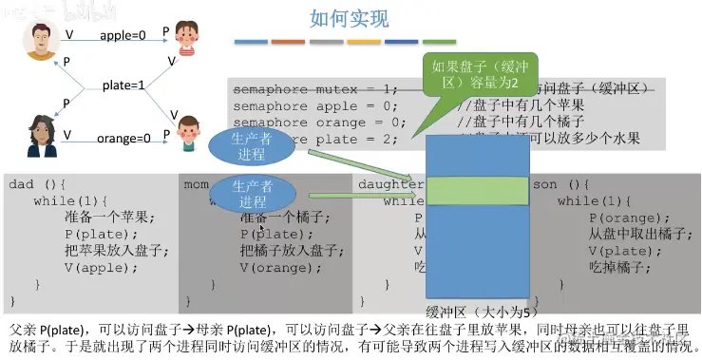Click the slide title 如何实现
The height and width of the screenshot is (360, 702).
click(x=350, y=18)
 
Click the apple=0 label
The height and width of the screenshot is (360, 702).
click(x=123, y=35)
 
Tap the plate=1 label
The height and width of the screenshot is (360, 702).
click(x=124, y=85)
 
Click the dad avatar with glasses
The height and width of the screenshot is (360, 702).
click(x=41, y=40)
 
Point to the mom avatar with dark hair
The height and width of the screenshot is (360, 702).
click(x=41, y=137)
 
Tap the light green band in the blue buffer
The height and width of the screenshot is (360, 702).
click(x=475, y=191)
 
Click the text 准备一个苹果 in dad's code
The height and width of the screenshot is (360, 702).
click(x=102, y=217)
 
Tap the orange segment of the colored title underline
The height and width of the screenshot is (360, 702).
click(x=288, y=42)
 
